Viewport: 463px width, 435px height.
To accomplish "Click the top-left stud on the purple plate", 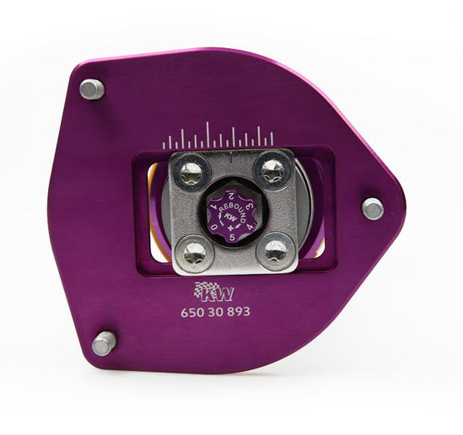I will pyautogui.click(x=92, y=89).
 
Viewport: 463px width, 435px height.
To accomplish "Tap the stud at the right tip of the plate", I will pyautogui.click(x=372, y=208).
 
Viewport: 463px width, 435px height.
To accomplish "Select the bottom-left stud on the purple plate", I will pyautogui.click(x=104, y=343).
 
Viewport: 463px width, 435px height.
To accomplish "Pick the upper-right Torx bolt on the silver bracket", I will pyautogui.click(x=271, y=171).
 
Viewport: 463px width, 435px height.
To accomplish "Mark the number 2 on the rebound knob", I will pyautogui.click(x=220, y=195).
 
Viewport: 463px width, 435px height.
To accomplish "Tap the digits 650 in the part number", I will pyautogui.click(x=194, y=311).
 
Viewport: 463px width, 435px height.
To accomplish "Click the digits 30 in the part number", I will pyautogui.click(x=216, y=311).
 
